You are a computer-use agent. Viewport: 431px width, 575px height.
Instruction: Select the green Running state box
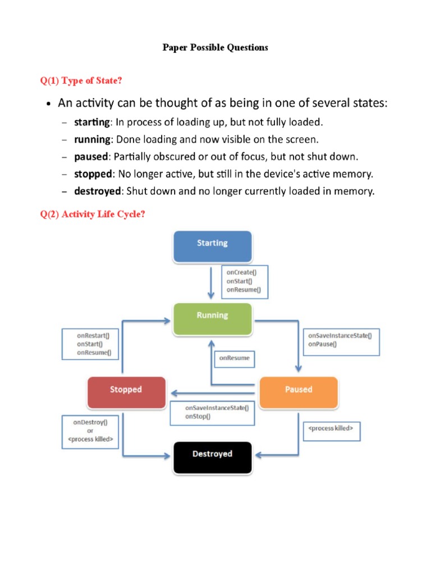tap(212, 317)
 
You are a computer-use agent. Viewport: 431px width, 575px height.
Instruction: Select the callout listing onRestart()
tap(93, 344)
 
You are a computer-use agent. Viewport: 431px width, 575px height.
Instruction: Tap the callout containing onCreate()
tap(245, 281)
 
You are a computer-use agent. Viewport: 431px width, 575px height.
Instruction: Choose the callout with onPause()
tap(340, 340)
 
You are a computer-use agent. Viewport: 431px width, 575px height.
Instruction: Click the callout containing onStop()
tap(212, 412)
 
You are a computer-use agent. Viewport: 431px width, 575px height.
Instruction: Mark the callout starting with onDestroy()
tap(90, 431)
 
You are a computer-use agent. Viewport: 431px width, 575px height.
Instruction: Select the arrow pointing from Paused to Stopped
tap(213, 393)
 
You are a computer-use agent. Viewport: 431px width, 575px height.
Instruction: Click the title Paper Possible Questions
tap(215, 48)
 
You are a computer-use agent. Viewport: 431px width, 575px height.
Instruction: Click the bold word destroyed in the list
tap(98, 191)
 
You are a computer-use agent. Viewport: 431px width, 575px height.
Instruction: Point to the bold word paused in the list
tap(91, 156)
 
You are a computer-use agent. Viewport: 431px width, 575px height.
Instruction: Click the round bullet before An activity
tap(49, 105)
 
